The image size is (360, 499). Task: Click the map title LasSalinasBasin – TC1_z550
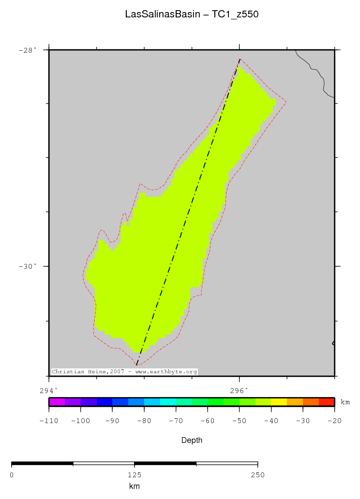tap(192, 15)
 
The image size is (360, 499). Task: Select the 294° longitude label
tap(48, 390)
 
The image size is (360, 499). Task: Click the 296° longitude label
tap(239, 390)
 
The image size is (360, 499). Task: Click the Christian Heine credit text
tap(124, 372)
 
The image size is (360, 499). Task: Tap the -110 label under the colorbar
tap(49, 421)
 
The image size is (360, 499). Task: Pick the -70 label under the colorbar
tap(176, 421)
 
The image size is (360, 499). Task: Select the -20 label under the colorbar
tap(334, 421)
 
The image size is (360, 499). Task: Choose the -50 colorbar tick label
tap(240, 421)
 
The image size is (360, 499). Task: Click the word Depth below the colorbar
tap(192, 440)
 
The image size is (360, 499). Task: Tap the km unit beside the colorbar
tap(345, 402)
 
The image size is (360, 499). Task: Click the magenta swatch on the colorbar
tap(57, 402)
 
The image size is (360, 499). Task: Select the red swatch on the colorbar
tap(327, 402)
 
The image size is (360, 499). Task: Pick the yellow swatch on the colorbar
tap(279, 402)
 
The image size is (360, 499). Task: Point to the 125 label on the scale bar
tap(135, 475)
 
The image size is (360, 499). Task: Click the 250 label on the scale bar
tap(258, 475)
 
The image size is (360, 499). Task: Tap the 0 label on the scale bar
tap(12, 475)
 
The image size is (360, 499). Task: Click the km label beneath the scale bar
tap(135, 486)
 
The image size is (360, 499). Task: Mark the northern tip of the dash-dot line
tap(240, 59)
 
